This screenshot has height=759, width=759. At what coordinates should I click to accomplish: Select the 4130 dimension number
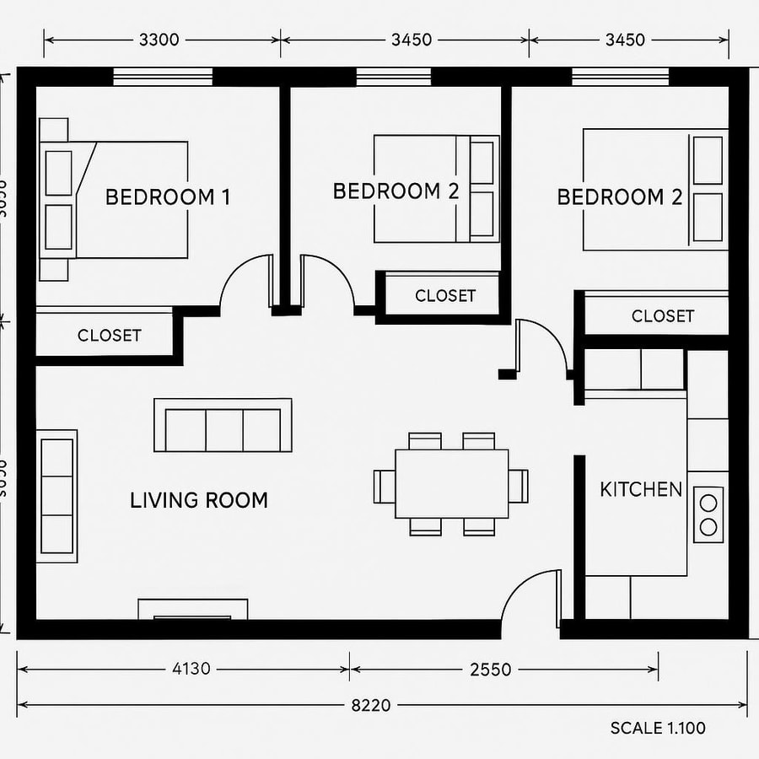coord(191,670)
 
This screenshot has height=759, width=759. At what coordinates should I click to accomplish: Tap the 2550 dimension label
coord(490,670)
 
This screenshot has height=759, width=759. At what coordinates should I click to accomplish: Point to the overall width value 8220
coord(370,705)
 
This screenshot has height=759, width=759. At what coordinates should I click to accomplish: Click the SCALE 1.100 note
coord(658,728)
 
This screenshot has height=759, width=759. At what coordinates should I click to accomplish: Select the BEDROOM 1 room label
coord(167,197)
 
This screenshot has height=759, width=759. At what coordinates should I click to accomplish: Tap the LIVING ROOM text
coord(199,500)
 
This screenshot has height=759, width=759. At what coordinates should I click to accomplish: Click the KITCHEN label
coord(641,489)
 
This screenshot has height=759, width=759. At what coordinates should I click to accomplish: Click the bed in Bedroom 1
coord(126,199)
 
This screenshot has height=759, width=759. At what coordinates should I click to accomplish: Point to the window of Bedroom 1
coord(163,78)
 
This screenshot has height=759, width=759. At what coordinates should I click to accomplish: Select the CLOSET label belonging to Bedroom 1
coord(110,335)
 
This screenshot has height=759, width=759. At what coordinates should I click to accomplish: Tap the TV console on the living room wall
coord(192,610)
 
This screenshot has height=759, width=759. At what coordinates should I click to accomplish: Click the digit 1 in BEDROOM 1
coord(224,197)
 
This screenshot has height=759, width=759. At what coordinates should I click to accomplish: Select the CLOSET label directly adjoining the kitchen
coord(663,316)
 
